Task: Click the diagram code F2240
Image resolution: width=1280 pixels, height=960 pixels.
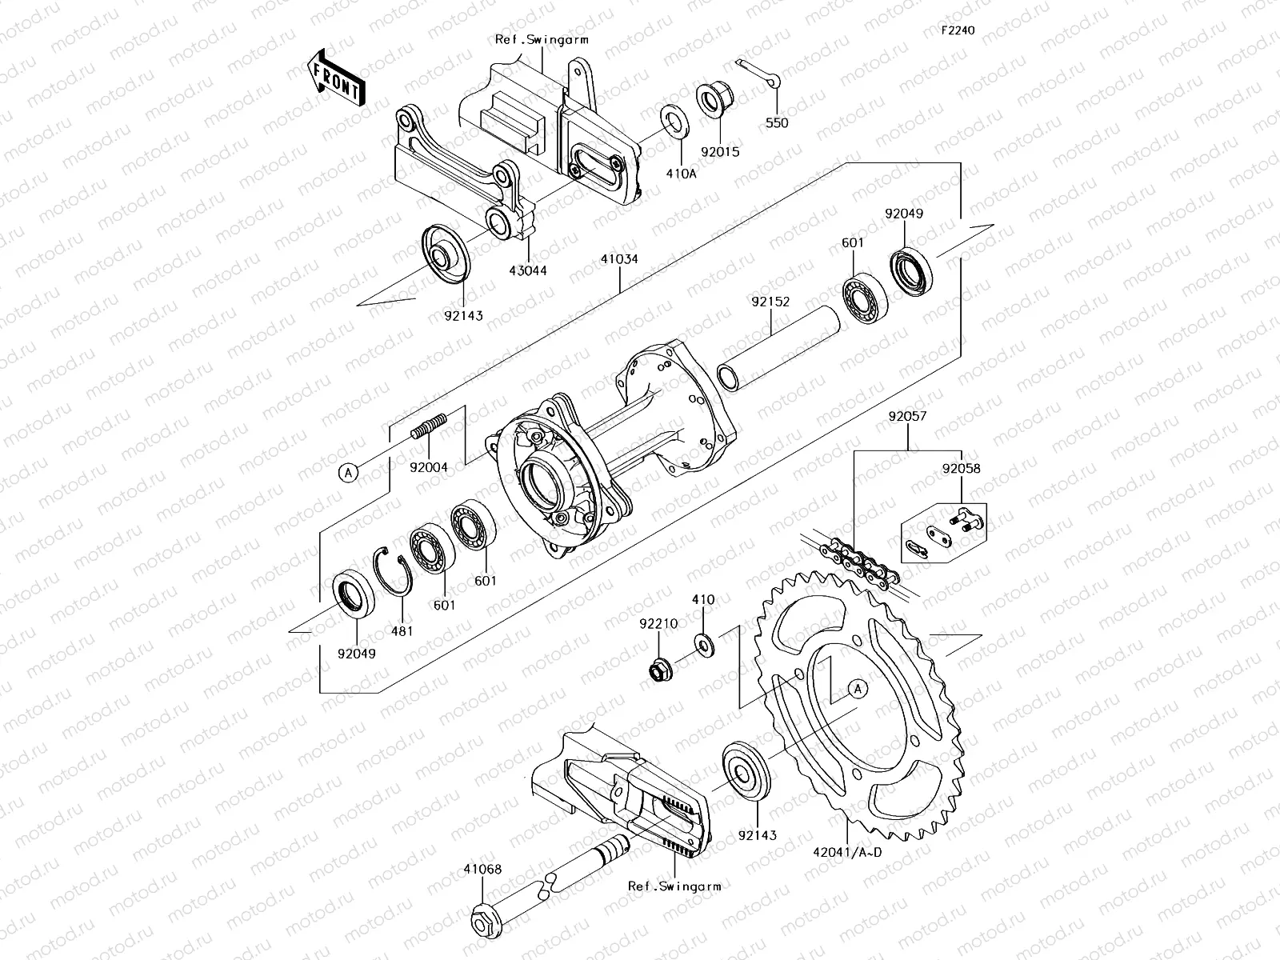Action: (958, 30)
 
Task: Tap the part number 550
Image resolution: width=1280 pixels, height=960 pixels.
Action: (776, 122)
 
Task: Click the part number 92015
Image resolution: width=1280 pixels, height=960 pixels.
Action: (721, 150)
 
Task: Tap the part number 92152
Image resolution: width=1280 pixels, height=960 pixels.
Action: (770, 302)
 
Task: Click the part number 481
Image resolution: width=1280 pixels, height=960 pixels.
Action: (402, 630)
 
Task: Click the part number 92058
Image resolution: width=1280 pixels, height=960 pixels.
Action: (960, 470)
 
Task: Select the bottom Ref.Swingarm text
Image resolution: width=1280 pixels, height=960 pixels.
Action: (674, 886)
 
